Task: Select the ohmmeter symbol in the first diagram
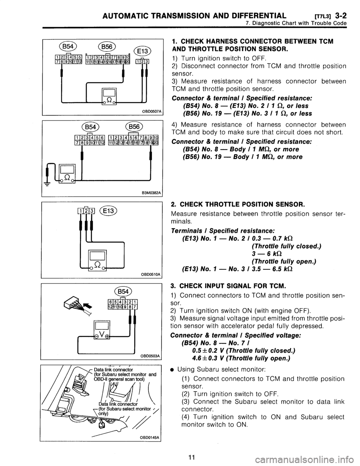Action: [x=109, y=96]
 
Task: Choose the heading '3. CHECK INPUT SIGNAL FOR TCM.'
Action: [x=227, y=286]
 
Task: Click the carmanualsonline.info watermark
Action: [x=305, y=459]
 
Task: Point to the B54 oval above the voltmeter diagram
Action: [x=123, y=292]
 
